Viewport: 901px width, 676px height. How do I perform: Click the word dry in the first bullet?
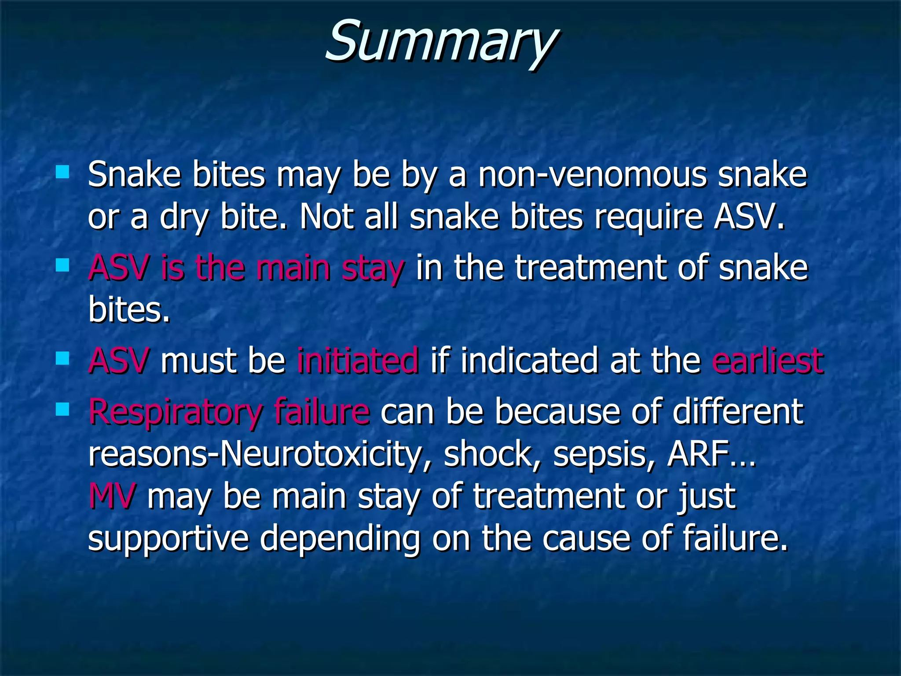(184, 217)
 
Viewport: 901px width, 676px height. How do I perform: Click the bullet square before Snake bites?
(62, 171)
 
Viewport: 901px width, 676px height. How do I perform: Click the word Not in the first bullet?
(326, 217)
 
